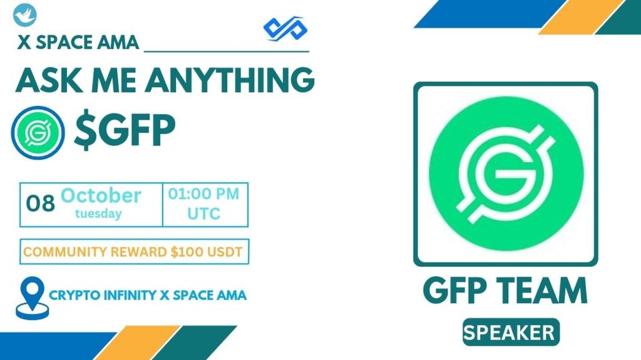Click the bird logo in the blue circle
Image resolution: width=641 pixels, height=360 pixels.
[x=25, y=14]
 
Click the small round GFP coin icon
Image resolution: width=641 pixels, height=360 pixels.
[x=38, y=131]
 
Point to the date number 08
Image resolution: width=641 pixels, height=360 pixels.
[x=40, y=203]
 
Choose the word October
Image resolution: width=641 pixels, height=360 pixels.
[x=100, y=195]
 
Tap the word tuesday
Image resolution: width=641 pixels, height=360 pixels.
[x=98, y=213]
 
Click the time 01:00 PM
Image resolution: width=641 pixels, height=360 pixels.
[x=204, y=194]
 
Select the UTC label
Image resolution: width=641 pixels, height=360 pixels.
[x=204, y=213]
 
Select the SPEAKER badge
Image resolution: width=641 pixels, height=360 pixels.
[x=511, y=332]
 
